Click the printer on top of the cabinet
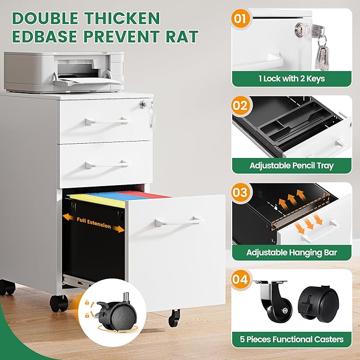tap(64, 72)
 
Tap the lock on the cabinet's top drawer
tap(143, 104)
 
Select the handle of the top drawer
tap(108, 121)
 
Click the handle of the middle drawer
tap(107, 164)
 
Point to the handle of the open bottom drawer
tap(179, 222)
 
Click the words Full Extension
tap(94, 223)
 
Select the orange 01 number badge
tap(240, 19)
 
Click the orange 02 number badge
tap(240, 106)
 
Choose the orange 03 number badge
tap(240, 192)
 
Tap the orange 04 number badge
tap(240, 279)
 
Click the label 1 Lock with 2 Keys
tap(292, 79)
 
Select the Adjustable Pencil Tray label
tap(292, 165)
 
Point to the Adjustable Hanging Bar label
tap(292, 252)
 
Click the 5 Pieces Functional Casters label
tap(292, 339)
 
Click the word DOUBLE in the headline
tap(45, 18)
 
